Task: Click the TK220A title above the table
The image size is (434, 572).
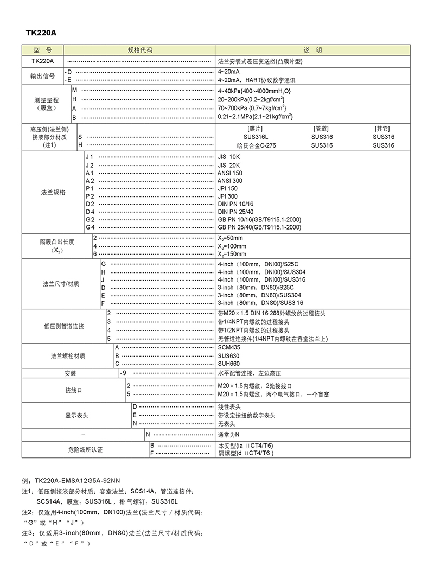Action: coord(41,33)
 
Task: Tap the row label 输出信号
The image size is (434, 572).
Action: coord(42,76)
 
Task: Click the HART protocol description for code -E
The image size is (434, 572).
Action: coord(257,80)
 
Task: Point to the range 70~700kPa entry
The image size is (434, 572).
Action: coord(252,109)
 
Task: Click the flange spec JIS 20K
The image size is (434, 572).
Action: coord(228,165)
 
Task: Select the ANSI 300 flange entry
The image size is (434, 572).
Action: coord(230,181)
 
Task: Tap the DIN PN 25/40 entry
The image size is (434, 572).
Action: coord(235,212)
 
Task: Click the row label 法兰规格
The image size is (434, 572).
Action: coord(53,192)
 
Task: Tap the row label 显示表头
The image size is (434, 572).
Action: coord(76,415)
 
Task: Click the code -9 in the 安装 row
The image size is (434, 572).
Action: coord(123,374)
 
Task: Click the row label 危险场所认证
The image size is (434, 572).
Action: coord(85,449)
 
